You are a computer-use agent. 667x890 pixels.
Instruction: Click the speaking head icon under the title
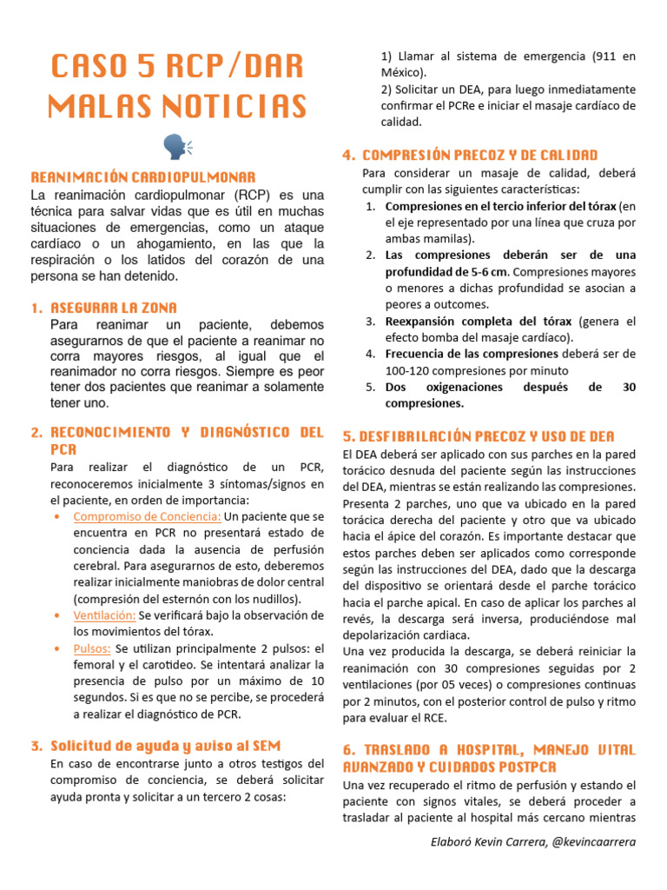pyautogui.click(x=177, y=147)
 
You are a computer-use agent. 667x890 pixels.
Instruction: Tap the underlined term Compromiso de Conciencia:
pyautogui.click(x=148, y=517)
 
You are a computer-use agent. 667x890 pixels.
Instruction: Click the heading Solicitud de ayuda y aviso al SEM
pyautogui.click(x=166, y=746)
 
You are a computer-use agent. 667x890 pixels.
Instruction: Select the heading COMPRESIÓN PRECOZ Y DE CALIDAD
pyautogui.click(x=479, y=155)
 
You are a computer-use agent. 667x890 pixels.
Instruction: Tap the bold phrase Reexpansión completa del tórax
pyautogui.click(x=479, y=321)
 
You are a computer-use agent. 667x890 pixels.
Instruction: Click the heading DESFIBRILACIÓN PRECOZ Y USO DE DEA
pyautogui.click(x=479, y=435)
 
